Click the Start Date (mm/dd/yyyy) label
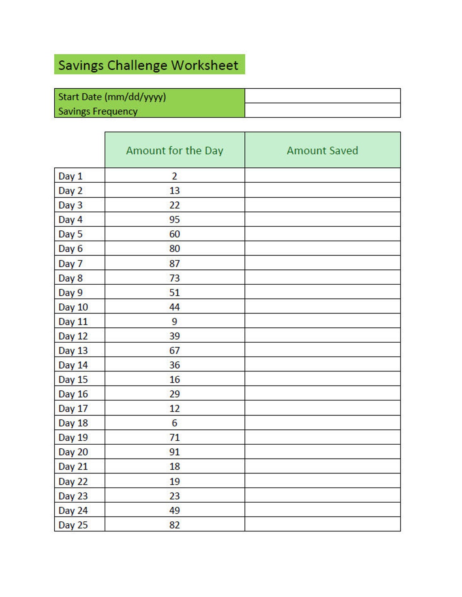point(112,97)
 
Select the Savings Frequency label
point(98,111)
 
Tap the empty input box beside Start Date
point(323,96)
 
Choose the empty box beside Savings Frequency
point(323,110)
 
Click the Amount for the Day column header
point(175,151)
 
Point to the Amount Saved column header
point(323,151)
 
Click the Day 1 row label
point(71,176)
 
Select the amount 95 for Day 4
point(175,220)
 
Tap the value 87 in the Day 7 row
point(175,264)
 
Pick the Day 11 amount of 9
point(175,322)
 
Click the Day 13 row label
point(73,351)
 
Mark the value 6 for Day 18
point(175,423)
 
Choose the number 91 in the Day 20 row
point(175,452)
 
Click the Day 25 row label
point(73,525)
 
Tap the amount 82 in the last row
point(175,525)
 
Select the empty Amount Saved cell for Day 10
point(323,307)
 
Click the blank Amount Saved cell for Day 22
point(323,481)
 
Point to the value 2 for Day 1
point(175,176)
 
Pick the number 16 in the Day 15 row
point(175,380)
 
